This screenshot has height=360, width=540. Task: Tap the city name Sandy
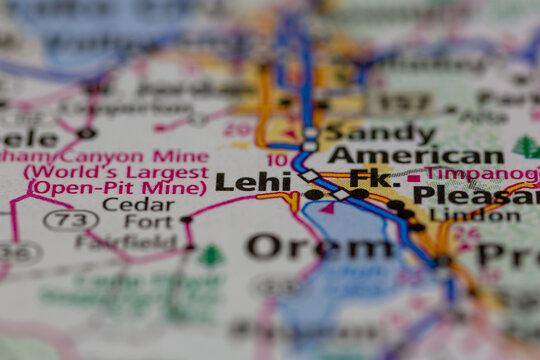point(365,131)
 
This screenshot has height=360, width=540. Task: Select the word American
point(415,155)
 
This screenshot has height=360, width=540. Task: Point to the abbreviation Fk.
point(375,179)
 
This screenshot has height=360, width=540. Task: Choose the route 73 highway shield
point(70,220)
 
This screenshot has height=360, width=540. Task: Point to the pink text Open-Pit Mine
point(118,187)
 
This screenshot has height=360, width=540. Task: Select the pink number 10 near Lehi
point(277,160)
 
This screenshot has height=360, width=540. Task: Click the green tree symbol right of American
point(526,148)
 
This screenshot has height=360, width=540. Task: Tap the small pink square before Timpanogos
point(413,179)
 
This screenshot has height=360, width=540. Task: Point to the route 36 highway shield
point(18,252)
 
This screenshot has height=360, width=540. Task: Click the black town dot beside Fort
point(186,219)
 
